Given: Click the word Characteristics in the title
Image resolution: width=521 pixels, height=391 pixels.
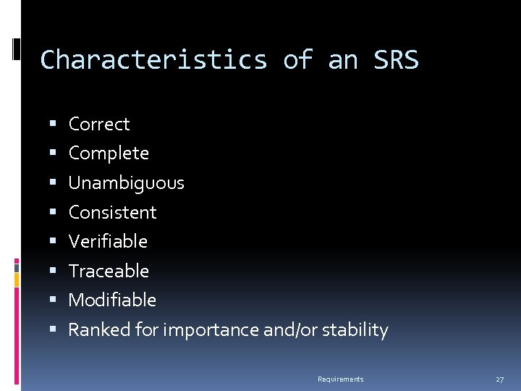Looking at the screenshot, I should pyautogui.click(x=153, y=59).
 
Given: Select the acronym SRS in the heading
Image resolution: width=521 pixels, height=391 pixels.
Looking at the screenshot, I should pyautogui.click(x=396, y=59).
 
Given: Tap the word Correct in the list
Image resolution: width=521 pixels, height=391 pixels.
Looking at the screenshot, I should pyautogui.click(x=99, y=124).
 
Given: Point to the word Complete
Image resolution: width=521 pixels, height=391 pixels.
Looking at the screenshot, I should pyautogui.click(x=109, y=154).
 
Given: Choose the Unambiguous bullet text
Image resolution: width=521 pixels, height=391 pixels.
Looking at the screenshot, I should pyautogui.click(x=126, y=183).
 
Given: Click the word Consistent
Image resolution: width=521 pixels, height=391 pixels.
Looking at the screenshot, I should pyautogui.click(x=112, y=212).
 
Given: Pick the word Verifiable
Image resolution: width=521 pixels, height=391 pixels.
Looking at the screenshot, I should pyautogui.click(x=108, y=241).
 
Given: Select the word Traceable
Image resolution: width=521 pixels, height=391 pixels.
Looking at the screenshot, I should pyautogui.click(x=109, y=271).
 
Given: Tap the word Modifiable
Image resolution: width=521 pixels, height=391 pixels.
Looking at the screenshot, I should pyautogui.click(x=112, y=300).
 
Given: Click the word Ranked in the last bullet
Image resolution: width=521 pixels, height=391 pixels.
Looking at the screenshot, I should pyautogui.click(x=90, y=330).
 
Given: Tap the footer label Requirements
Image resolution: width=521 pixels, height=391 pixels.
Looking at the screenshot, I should pyautogui.click(x=340, y=379).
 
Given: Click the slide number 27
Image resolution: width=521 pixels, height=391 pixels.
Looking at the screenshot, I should pyautogui.click(x=499, y=379).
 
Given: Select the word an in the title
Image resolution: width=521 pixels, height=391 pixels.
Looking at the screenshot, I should pyautogui.click(x=343, y=59).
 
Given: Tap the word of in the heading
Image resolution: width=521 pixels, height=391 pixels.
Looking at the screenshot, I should pyautogui.click(x=297, y=59).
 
